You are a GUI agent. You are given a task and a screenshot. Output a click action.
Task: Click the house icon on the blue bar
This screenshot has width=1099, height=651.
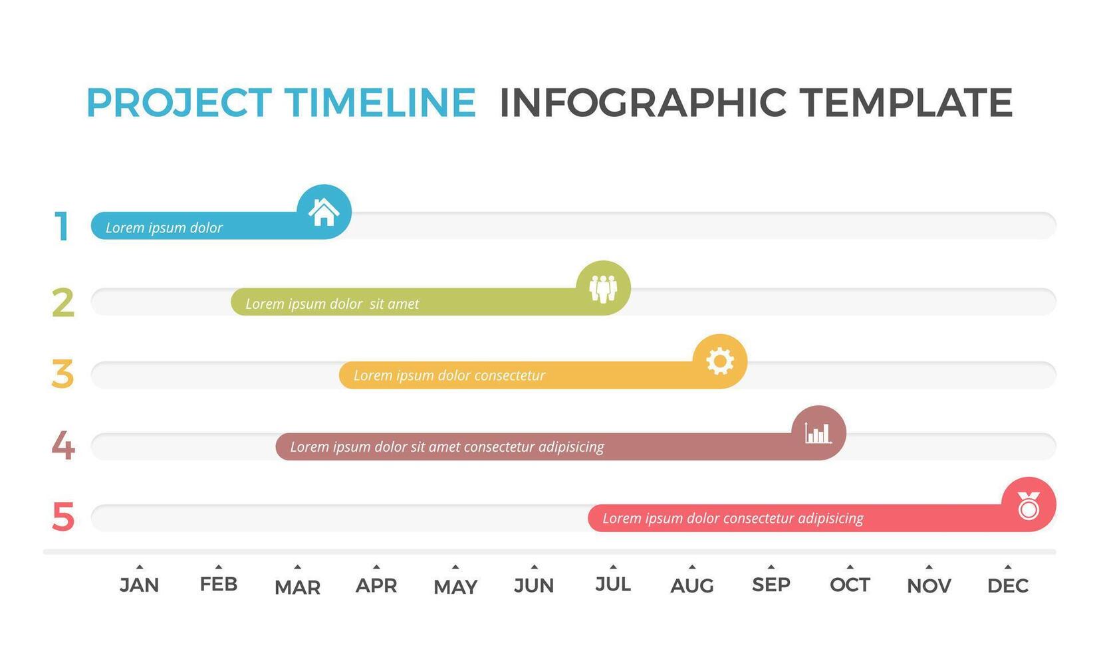click(324, 213)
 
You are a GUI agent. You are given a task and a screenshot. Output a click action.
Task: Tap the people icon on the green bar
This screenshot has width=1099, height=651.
click(603, 289)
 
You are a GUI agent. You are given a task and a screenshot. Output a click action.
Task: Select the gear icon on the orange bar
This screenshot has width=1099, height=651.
click(720, 361)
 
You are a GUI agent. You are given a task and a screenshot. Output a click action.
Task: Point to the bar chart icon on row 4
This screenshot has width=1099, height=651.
click(818, 433)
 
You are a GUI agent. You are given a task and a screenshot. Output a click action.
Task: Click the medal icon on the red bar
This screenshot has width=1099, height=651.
click(1029, 506)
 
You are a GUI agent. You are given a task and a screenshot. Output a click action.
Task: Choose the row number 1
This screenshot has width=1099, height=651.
click(61, 226)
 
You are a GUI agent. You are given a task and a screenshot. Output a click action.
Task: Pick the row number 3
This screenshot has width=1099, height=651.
click(62, 374)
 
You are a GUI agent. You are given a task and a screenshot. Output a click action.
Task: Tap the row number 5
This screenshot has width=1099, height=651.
click(63, 517)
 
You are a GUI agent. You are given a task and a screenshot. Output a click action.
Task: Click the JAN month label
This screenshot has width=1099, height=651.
click(140, 585)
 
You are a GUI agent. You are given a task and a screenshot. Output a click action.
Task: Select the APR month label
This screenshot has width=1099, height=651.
click(376, 585)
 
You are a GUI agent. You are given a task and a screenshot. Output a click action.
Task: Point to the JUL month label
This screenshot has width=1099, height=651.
click(613, 585)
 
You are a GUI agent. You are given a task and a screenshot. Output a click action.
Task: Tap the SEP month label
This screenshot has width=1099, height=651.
click(771, 585)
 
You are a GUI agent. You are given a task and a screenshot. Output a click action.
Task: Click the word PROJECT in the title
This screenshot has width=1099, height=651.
click(179, 103)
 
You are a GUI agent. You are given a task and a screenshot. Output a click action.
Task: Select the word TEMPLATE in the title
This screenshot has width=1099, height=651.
click(906, 102)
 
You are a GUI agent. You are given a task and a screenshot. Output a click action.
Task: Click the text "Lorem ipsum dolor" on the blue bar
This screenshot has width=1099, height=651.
click(164, 228)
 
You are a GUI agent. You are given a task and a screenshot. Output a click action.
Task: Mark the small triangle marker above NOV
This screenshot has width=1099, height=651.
click(929, 567)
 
